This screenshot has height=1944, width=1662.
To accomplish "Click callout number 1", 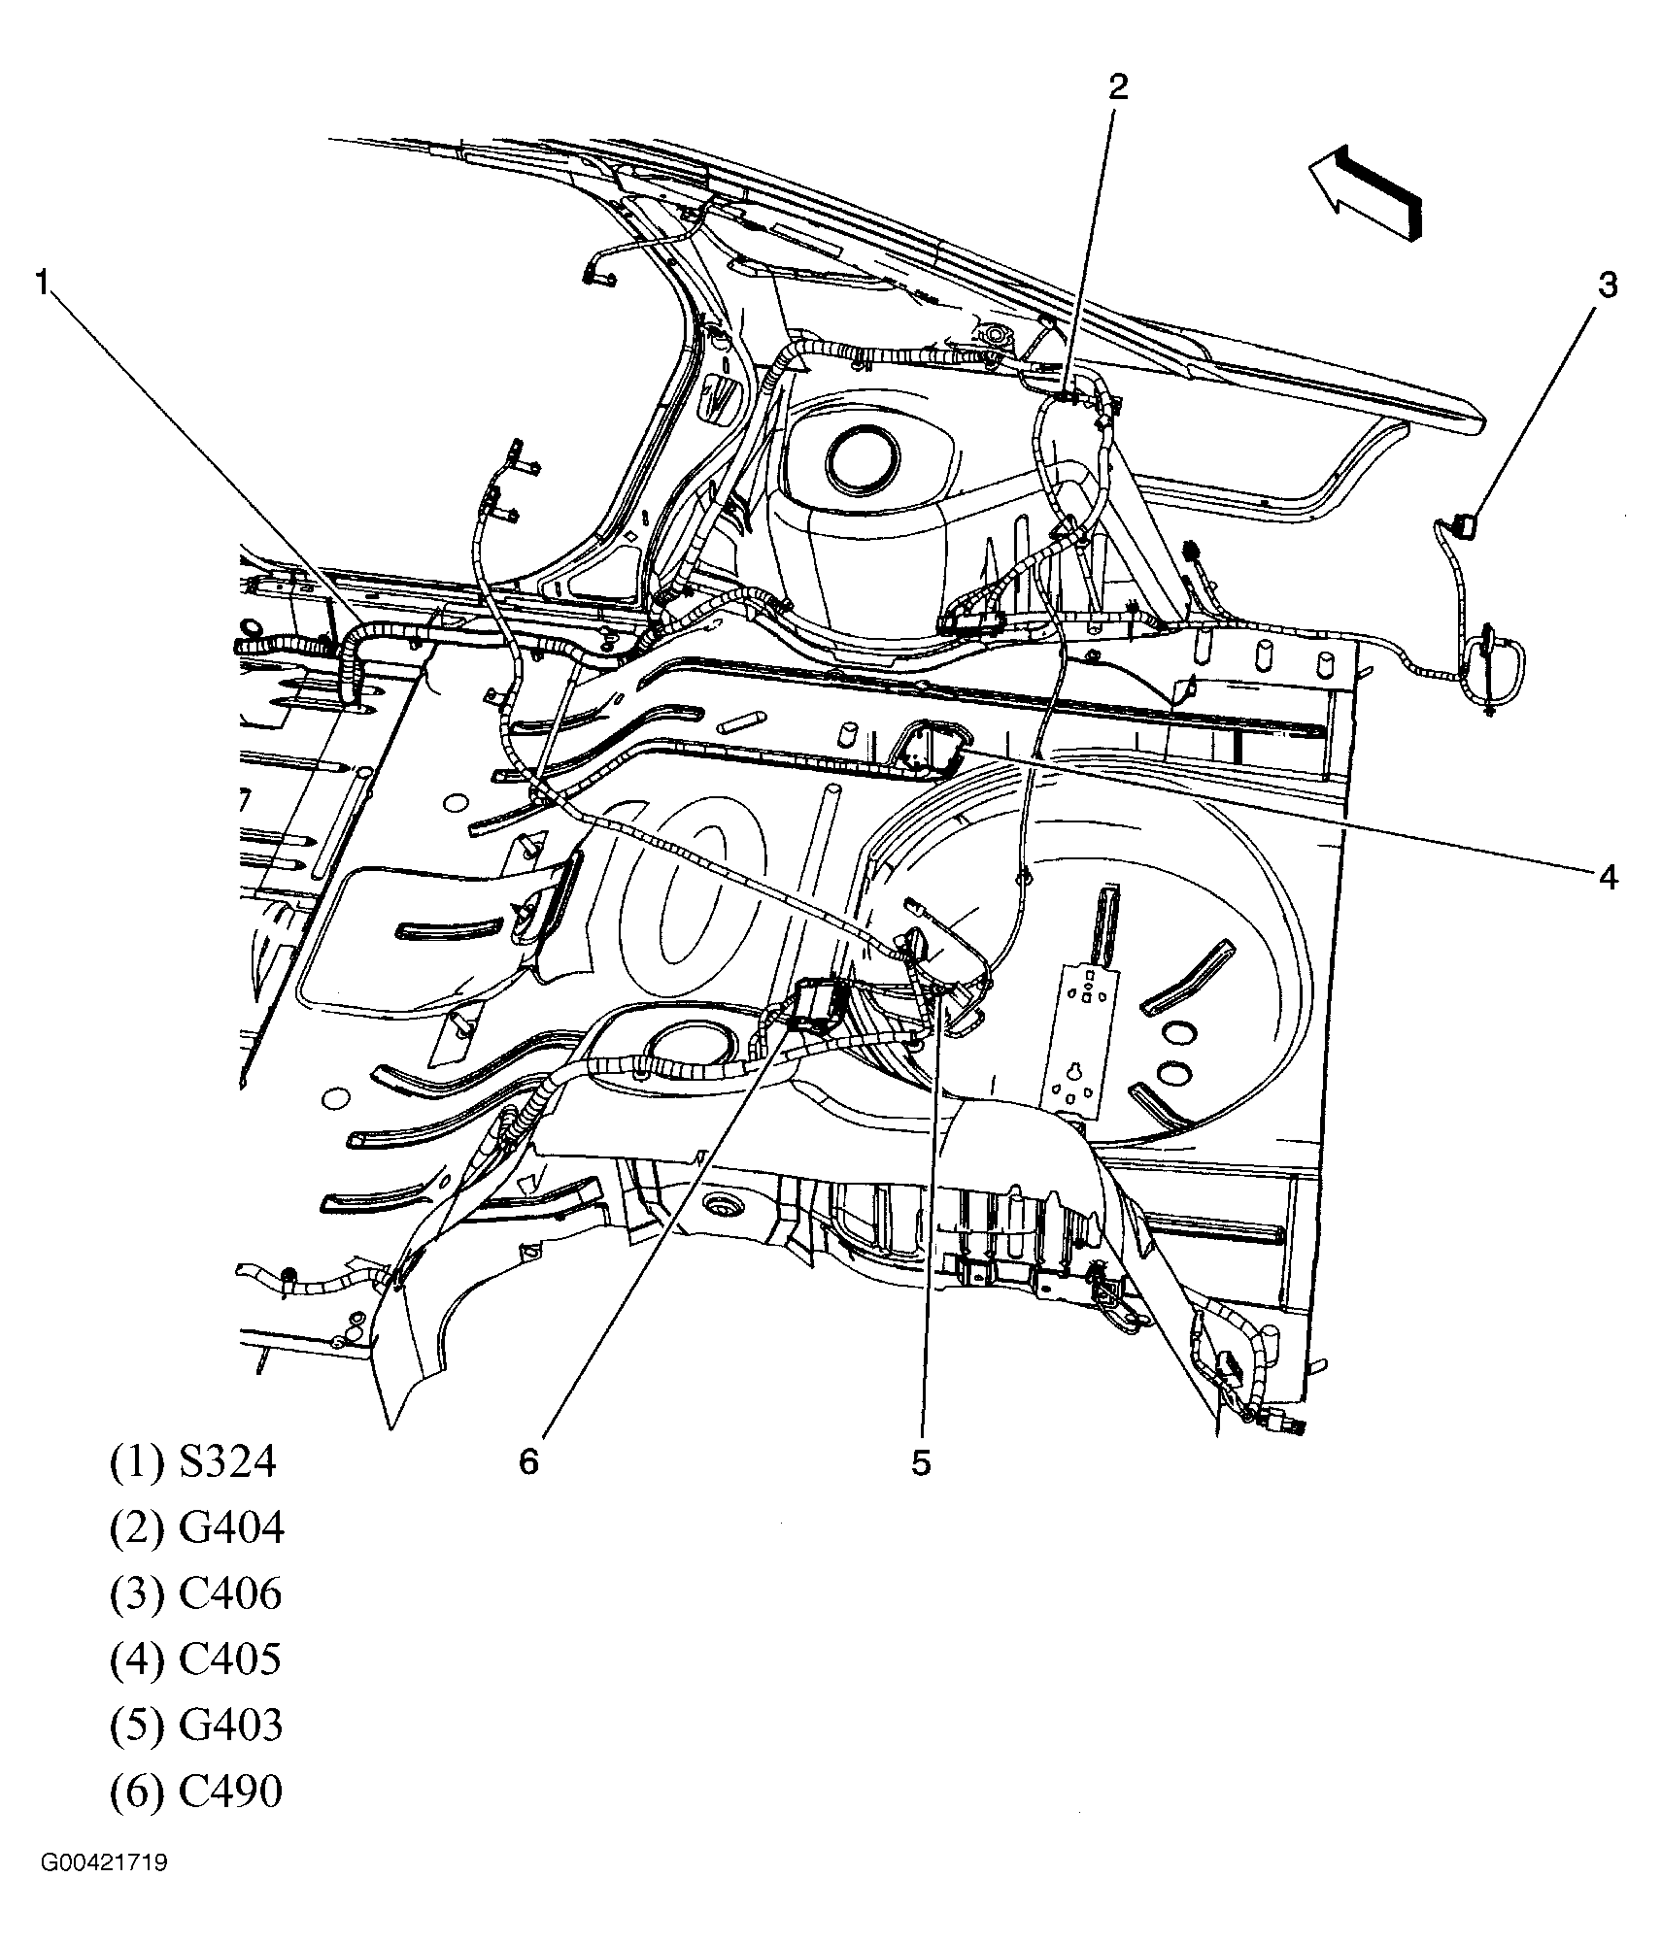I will (42, 283).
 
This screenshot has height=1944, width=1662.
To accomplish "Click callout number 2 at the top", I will (1118, 87).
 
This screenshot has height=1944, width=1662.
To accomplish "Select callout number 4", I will (1609, 877).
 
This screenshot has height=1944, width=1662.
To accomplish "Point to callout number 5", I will (920, 1462).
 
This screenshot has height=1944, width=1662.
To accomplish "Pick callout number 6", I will (527, 1462).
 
